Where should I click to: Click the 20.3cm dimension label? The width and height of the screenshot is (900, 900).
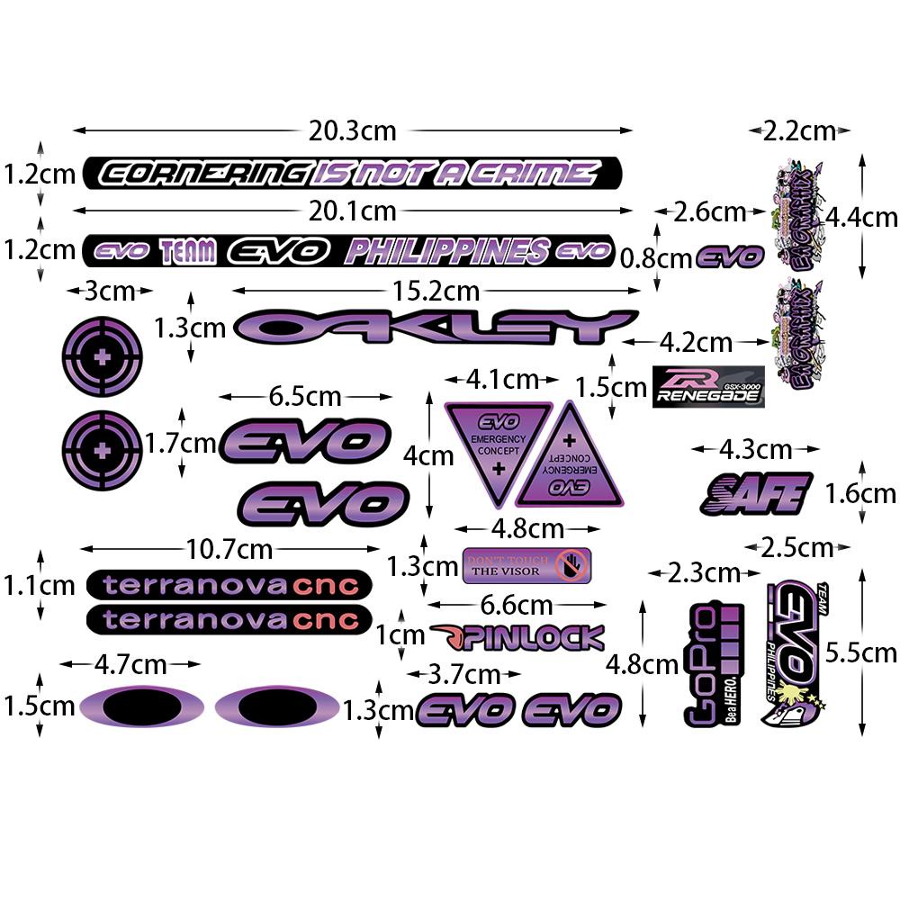click(x=352, y=130)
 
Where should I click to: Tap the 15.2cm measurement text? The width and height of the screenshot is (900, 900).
click(x=436, y=291)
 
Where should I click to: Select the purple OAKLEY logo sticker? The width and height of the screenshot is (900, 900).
click(x=436, y=327)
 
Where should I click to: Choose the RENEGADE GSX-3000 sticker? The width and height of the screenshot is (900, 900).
click(x=708, y=387)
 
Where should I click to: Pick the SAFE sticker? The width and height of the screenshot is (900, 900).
click(x=756, y=493)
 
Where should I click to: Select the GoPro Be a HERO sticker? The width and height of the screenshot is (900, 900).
click(x=713, y=662)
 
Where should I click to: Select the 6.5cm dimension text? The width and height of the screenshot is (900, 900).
click(x=305, y=396)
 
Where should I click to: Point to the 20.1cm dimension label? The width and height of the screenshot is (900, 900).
click(x=352, y=211)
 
